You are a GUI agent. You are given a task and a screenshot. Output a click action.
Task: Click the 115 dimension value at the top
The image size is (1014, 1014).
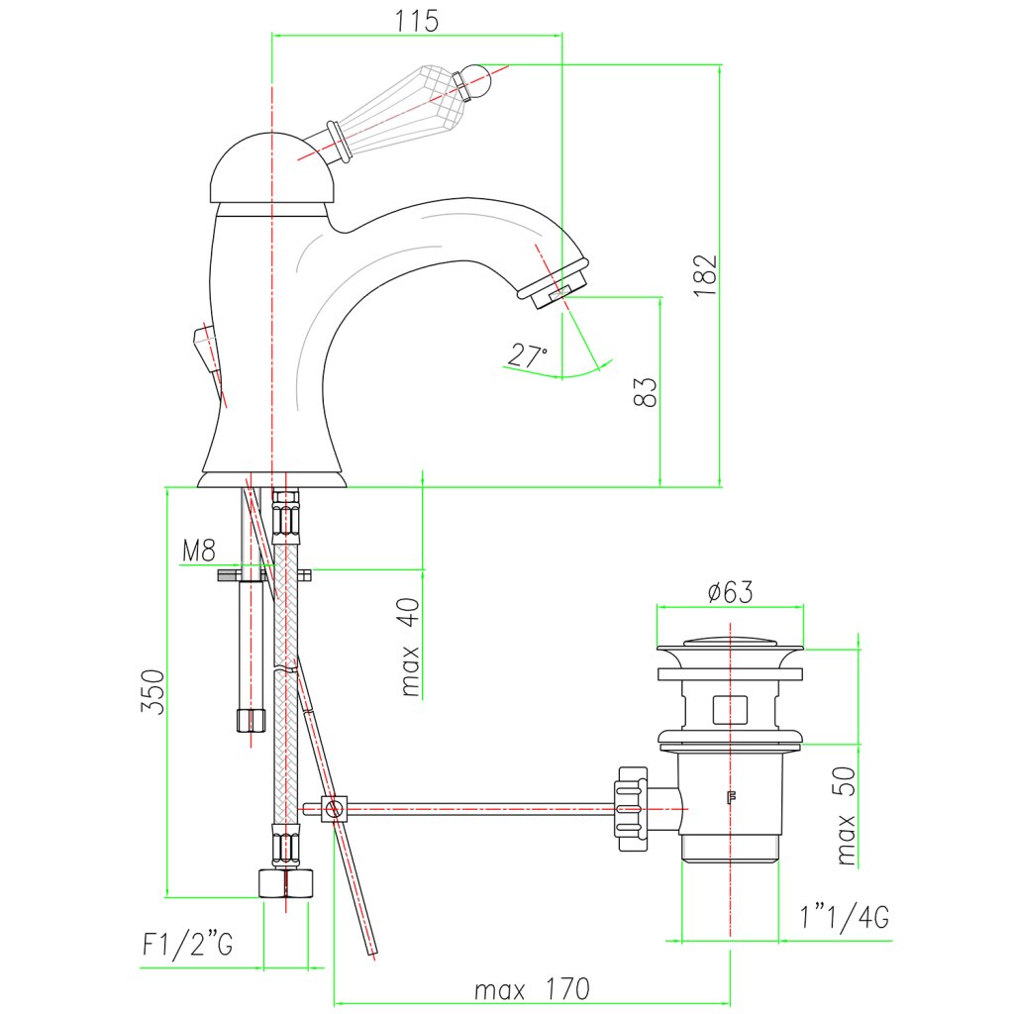point(417,21)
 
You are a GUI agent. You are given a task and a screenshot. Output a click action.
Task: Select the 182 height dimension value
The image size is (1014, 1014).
point(705,275)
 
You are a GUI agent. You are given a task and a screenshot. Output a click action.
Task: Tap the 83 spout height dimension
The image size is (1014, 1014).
point(645,392)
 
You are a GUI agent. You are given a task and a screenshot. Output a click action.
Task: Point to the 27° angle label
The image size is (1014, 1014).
point(528,355)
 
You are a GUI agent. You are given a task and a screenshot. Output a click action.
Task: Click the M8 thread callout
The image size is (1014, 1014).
point(198,551)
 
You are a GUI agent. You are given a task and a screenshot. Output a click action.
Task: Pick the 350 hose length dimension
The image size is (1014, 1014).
point(152,691)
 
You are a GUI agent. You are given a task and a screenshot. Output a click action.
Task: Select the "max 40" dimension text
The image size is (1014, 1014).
point(411,647)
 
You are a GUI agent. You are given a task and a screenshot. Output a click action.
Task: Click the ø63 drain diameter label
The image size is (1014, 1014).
point(730,591)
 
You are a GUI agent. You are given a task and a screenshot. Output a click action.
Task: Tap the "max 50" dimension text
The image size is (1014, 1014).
point(846,816)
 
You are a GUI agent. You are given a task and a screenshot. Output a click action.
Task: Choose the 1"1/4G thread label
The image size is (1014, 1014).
point(845,916)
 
